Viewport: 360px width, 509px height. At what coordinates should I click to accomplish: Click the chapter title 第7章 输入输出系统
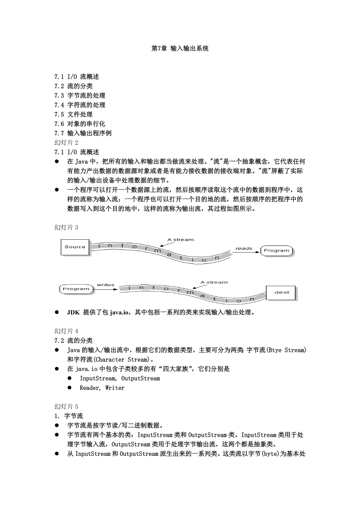tap(180, 48)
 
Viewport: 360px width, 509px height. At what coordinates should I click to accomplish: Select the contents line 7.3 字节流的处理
tap(80, 95)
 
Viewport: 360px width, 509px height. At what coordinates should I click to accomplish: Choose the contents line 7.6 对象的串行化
tap(80, 124)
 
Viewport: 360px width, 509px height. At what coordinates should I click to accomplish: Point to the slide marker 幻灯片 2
tap(66, 142)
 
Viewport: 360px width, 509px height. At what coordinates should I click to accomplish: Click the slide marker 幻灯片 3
tap(66, 227)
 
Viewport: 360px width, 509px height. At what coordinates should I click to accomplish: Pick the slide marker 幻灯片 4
tap(66, 331)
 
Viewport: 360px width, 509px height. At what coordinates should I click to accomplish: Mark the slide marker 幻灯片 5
tap(66, 407)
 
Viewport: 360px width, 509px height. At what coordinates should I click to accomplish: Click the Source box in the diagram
tap(75, 247)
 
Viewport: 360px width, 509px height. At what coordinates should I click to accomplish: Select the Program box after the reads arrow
tap(276, 251)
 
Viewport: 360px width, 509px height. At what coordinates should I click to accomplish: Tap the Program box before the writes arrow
tap(76, 289)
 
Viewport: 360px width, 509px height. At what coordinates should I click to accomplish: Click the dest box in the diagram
tap(282, 292)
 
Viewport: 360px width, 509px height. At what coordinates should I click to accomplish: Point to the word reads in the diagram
tap(244, 248)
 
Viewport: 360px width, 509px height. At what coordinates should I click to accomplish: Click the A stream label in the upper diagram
tap(180, 240)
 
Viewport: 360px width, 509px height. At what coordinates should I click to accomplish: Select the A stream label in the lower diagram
tap(214, 282)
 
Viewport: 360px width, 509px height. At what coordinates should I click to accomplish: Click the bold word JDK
tap(73, 312)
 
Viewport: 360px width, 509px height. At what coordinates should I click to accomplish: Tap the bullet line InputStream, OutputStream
tap(120, 378)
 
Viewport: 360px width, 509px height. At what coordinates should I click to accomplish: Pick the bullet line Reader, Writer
tap(102, 388)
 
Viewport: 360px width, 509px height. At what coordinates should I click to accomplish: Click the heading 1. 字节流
tap(69, 416)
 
